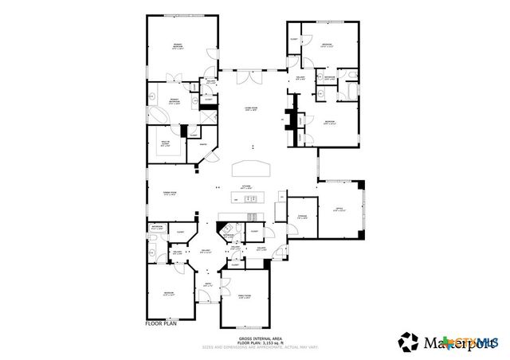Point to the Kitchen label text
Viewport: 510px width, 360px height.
pos(247,188)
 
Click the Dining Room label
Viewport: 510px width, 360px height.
pos(170,194)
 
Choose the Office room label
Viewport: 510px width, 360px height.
pos(338,210)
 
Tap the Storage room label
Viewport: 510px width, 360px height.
pos(302,217)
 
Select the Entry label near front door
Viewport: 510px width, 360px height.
pos(208,285)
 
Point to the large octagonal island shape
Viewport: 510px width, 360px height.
pos(252,168)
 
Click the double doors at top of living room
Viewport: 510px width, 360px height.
pos(251,77)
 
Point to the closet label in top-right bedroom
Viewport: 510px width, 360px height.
pos(294,40)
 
